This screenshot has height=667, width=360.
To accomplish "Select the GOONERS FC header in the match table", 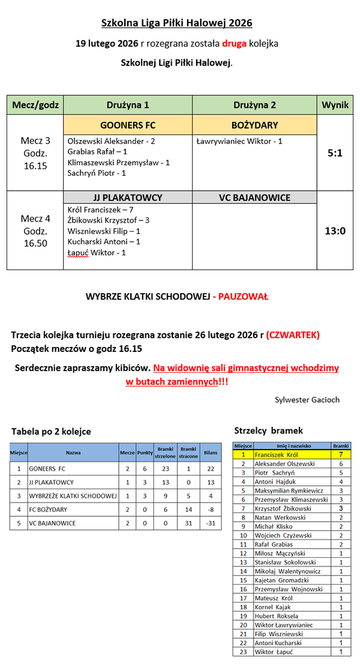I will [x=128, y=125].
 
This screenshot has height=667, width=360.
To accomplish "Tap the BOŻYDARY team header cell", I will [x=254, y=125].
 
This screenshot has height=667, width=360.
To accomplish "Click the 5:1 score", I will [x=335, y=153].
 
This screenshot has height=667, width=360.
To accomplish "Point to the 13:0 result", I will [x=335, y=231].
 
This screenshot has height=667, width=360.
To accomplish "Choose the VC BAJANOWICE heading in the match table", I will [x=254, y=198].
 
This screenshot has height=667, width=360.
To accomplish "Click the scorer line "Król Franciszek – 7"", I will [x=100, y=210].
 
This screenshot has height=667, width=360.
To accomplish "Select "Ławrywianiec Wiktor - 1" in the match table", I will [x=239, y=141].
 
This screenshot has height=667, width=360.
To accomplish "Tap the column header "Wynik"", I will [x=335, y=104].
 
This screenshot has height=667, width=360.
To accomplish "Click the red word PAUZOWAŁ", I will [x=243, y=297].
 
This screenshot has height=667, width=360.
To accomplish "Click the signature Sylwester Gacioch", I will [x=307, y=399].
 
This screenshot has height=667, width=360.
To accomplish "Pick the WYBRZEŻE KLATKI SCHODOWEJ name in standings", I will [x=72, y=496].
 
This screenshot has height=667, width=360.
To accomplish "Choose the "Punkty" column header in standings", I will [x=145, y=453].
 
